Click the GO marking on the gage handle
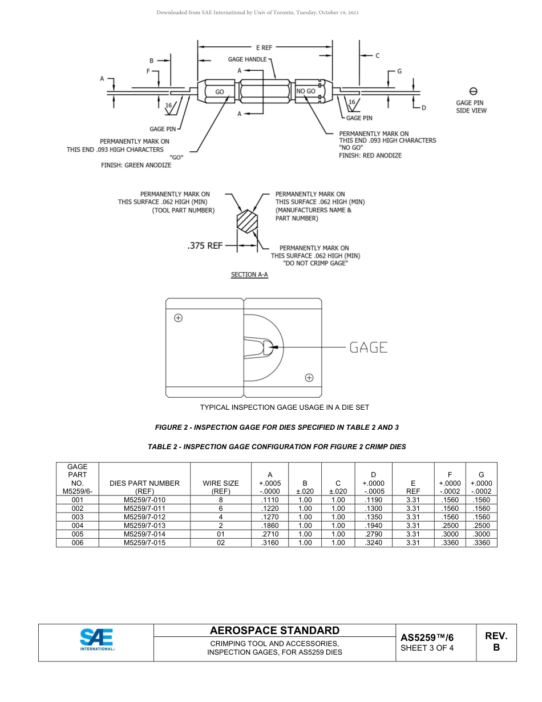[x=219, y=91]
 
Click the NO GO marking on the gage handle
[x=306, y=91]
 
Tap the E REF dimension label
[x=264, y=48]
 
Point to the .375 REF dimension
[x=205, y=246]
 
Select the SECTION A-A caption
[x=249, y=275]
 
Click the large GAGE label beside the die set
[x=368, y=347]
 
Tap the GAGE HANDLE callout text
[x=247, y=59]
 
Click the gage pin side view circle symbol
[x=473, y=91]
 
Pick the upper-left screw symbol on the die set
[x=178, y=318]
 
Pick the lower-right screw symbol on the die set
[x=309, y=377]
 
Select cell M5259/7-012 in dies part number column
[x=144, y=517]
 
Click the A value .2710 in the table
[x=269, y=534]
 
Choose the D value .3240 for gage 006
[x=373, y=543]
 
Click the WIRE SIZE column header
[x=221, y=487]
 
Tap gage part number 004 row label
[x=78, y=526]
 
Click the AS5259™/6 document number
[x=427, y=638]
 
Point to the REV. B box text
[x=496, y=642]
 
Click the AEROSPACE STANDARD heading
[x=274, y=630]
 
